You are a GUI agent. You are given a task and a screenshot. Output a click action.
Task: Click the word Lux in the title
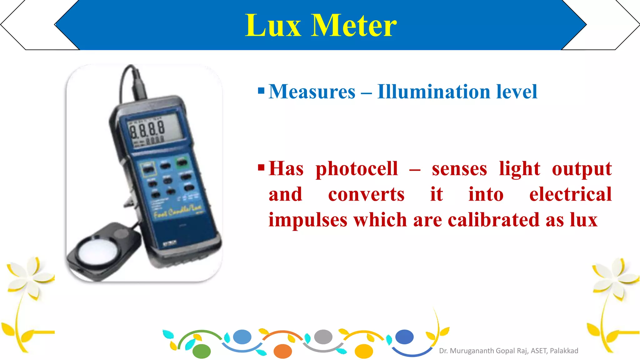(x=273, y=26)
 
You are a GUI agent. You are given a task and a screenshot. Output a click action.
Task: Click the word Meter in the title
(x=354, y=26)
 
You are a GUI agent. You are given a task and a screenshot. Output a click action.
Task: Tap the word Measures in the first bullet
(x=312, y=92)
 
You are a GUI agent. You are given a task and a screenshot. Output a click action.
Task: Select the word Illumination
(x=434, y=92)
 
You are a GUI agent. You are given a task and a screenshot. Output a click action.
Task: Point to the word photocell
(x=357, y=169)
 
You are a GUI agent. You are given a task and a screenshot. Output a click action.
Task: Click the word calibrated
(x=494, y=220)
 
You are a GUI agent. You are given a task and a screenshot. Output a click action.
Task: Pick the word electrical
(x=570, y=194)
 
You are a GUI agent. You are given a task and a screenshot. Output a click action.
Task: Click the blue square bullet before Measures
(x=261, y=91)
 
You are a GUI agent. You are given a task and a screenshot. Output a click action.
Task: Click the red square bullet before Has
(x=261, y=168)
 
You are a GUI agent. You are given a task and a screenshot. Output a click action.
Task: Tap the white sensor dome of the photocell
(x=98, y=250)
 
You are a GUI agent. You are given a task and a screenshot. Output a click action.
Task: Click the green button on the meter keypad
(x=182, y=162)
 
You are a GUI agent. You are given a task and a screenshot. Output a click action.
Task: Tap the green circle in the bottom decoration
(x=202, y=351)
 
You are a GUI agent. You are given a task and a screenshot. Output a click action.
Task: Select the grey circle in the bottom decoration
(x=323, y=337)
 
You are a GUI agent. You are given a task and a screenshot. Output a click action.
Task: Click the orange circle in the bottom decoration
(x=282, y=351)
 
